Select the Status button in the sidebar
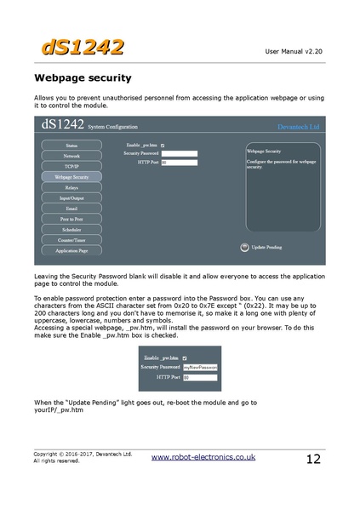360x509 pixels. [x=71, y=146]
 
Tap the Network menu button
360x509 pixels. [x=71, y=157]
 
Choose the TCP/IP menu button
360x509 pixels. [x=71, y=167]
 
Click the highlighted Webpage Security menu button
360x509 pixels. [x=71, y=177]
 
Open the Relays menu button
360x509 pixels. [x=71, y=187]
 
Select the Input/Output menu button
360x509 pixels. [x=71, y=197]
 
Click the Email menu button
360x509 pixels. [x=71, y=209]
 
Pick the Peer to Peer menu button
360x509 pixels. [x=71, y=219]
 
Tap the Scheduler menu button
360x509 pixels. [x=71, y=229]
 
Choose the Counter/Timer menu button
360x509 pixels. [x=71, y=240]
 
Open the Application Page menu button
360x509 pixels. [x=71, y=250]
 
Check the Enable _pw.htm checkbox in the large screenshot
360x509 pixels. [x=163, y=146]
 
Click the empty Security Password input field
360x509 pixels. [x=179, y=153]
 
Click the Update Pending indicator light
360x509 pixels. [x=243, y=247]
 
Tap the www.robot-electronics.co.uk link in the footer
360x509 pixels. [x=203, y=457]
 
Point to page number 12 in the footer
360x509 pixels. [x=313, y=460]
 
